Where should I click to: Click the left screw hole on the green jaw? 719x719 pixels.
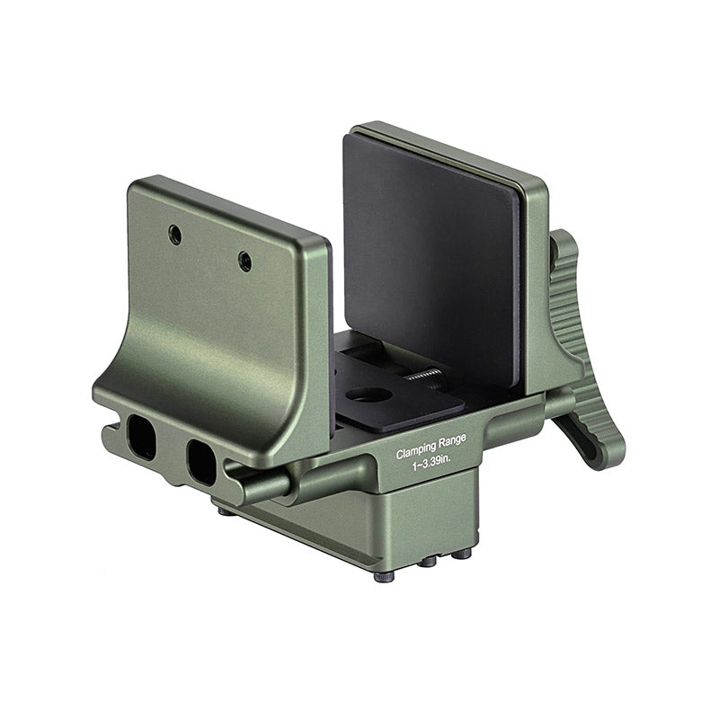pos(175,235)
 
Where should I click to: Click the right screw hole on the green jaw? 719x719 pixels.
pos(244,262)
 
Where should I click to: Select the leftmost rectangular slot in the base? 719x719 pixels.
pos(142,436)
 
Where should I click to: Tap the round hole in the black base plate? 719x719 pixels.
pos(368,394)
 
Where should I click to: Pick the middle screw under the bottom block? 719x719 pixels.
pos(429,560)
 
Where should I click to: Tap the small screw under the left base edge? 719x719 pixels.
pos(223,510)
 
